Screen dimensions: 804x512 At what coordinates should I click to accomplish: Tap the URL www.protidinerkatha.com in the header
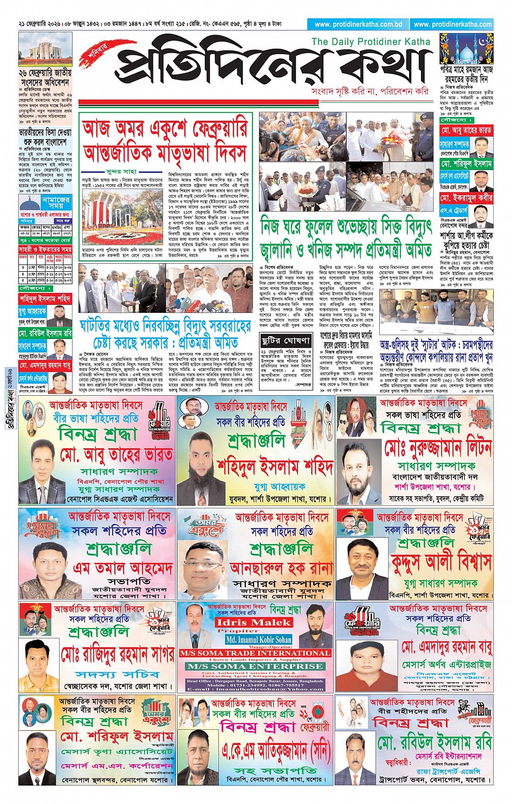[452, 24]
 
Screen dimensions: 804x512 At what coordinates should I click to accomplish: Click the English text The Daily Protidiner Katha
[371, 42]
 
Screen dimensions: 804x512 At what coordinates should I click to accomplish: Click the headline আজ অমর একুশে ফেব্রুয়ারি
[165, 128]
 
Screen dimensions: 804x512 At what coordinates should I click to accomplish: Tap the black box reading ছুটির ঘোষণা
[286, 341]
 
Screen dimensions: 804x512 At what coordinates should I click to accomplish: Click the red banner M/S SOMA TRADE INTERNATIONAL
[255, 653]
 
